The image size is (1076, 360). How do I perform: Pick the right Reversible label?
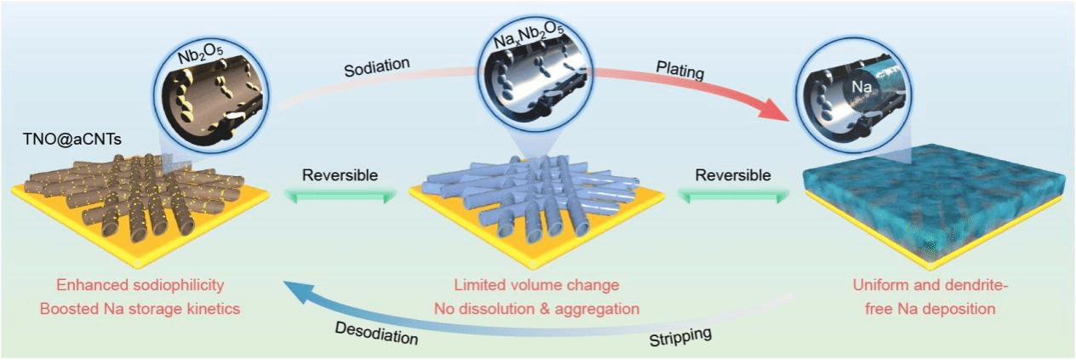733,175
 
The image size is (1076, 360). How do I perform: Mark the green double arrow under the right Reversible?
734,197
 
